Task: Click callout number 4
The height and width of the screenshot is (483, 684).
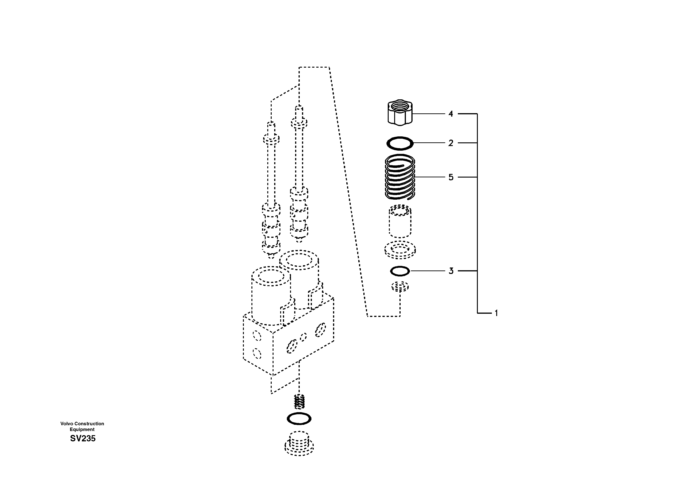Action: (451, 114)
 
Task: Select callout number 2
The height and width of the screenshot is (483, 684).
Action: (451, 143)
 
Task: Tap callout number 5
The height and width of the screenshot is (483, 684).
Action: (451, 177)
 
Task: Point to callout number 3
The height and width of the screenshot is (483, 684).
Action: (451, 271)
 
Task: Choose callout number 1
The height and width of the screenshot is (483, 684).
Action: (496, 313)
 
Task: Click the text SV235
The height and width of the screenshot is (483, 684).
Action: (83, 439)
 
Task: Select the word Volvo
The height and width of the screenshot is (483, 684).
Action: (67, 424)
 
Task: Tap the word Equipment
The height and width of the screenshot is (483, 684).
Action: (82, 430)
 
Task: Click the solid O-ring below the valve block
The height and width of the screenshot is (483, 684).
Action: (299, 419)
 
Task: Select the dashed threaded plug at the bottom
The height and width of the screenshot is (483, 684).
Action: (299, 444)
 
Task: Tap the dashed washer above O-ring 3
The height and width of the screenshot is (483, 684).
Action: (400, 250)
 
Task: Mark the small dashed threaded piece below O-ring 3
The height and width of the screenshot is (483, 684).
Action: (400, 287)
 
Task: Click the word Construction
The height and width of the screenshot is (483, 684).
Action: (89, 424)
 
